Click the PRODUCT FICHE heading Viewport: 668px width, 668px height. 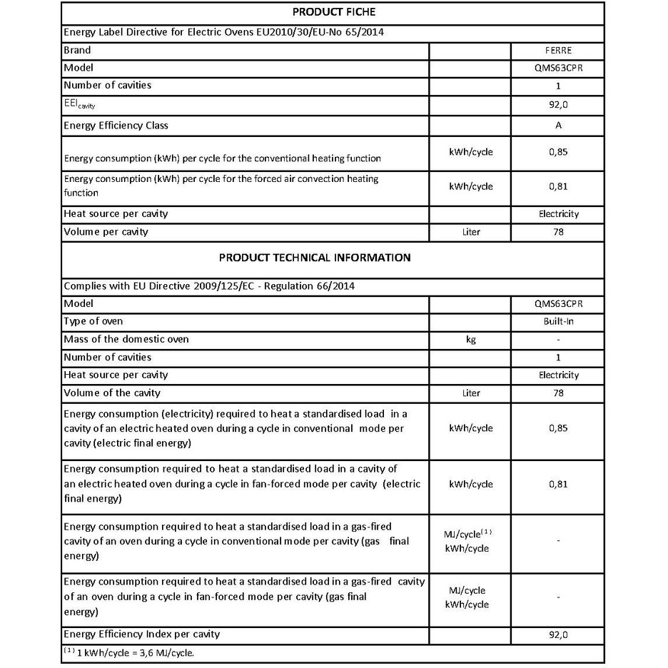(x=333, y=12)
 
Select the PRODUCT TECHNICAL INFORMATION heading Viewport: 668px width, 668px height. (x=314, y=258)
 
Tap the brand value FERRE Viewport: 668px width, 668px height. (x=557, y=51)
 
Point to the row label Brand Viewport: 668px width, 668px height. (x=77, y=50)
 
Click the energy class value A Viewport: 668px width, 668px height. (x=558, y=126)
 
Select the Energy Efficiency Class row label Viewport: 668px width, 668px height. (x=116, y=126)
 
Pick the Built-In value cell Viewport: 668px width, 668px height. (x=558, y=322)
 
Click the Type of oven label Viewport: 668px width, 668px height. (x=93, y=321)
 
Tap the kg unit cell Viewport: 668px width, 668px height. (x=470, y=340)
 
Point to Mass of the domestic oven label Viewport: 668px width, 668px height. (x=126, y=339)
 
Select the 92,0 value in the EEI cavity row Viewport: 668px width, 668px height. (x=558, y=105)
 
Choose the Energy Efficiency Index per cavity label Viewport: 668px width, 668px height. (x=141, y=634)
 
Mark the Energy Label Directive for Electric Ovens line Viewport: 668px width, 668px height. (x=226, y=32)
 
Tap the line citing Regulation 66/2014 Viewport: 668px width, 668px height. (x=210, y=285)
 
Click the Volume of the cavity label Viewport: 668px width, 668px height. (x=112, y=393)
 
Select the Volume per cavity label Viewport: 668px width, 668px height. (x=106, y=232)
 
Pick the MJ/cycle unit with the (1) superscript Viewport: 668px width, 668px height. (x=466, y=534)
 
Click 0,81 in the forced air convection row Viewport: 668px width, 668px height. (x=558, y=186)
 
